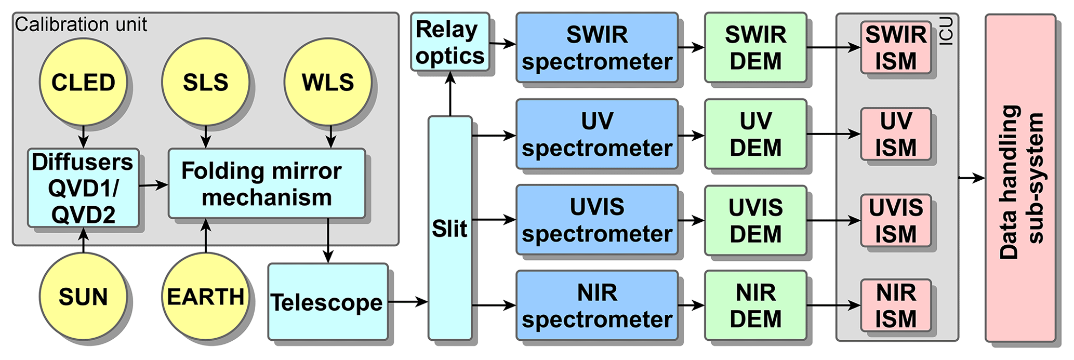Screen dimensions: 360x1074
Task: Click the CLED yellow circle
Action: tap(83, 82)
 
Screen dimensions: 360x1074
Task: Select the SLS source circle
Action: tap(205, 82)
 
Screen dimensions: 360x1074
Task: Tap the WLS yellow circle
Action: tap(328, 82)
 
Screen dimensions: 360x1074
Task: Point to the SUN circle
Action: tap(83, 297)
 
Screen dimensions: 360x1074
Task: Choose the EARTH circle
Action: tap(205, 297)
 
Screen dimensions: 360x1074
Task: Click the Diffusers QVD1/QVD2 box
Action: tap(83, 188)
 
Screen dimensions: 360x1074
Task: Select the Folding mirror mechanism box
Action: tap(267, 183)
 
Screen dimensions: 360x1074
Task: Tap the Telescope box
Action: tap(328, 302)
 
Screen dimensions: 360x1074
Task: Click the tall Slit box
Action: tap(449, 229)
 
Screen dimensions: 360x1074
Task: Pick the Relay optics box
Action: tap(450, 42)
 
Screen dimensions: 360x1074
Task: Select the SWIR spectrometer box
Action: tap(597, 48)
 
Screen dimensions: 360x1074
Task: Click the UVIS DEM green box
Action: tap(755, 220)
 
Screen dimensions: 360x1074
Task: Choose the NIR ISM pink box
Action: tap(895, 305)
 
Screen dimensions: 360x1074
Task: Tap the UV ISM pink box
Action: tap(895, 134)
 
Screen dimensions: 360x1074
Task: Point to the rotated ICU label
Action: tap(947, 31)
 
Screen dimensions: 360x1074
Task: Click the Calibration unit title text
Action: tap(81, 24)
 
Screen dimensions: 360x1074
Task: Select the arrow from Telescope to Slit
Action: tap(408, 301)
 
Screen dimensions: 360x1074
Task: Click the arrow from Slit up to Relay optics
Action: tap(450, 94)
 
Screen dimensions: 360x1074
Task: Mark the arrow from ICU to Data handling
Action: tap(972, 178)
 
